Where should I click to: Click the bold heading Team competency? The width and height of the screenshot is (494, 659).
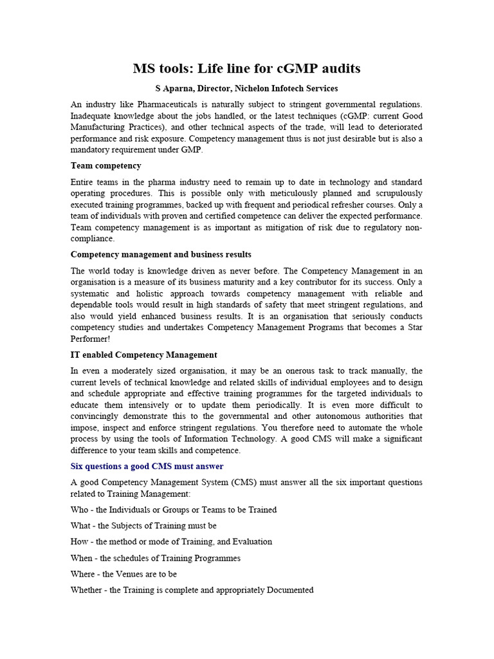[105, 165]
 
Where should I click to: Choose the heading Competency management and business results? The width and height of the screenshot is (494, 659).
[161, 254]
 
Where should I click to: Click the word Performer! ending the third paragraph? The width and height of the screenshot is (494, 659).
[91, 339]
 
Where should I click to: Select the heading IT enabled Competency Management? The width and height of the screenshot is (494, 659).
[143, 355]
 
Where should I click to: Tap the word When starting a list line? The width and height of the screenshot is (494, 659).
[82, 558]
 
